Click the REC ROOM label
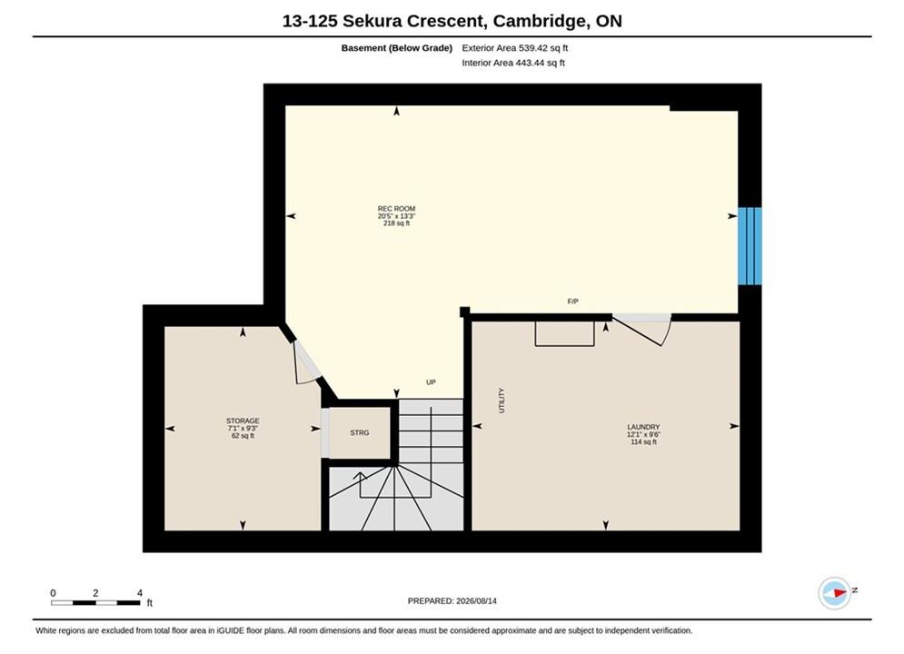[397, 209]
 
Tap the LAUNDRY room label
[643, 427]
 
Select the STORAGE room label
[243, 421]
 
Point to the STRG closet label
[360, 432]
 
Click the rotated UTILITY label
[502, 401]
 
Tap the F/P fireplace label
[573, 302]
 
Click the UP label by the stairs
[431, 382]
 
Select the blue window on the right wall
[750, 246]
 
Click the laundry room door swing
[649, 332]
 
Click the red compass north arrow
[839, 592]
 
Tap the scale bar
[95, 603]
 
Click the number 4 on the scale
[140, 592]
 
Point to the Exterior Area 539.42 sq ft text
[515, 48]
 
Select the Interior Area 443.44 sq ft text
[513, 63]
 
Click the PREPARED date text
[452, 600]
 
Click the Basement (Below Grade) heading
[397, 48]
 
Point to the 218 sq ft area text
[397, 223]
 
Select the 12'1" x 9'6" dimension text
[643, 434]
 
